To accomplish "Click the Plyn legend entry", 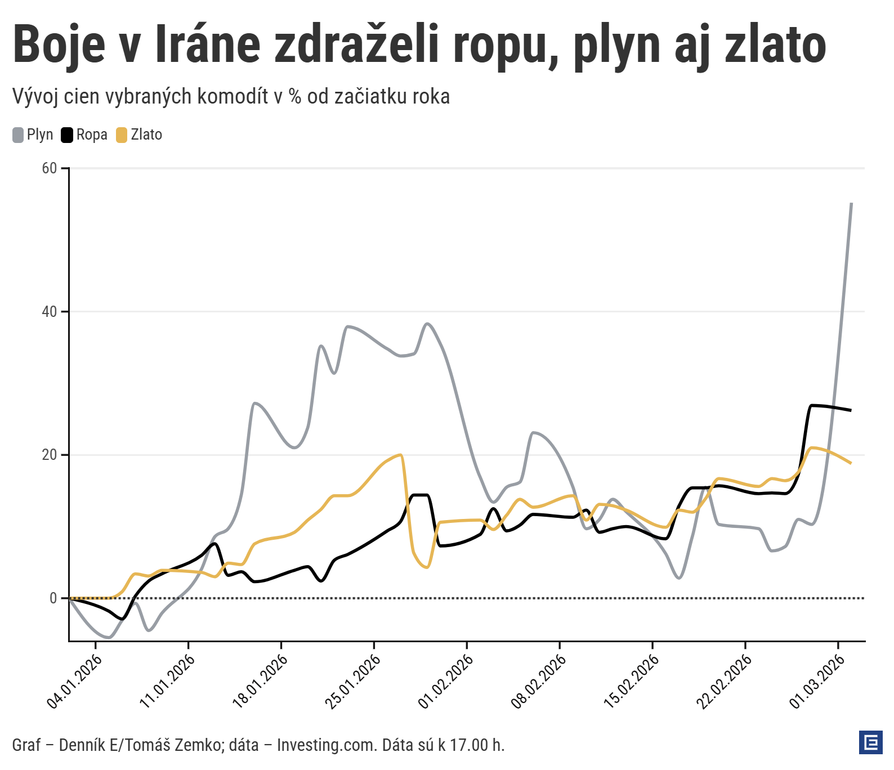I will point(33,135).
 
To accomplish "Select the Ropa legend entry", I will point(84,135).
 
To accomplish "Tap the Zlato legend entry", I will point(140,135).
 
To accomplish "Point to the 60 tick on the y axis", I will point(50,168).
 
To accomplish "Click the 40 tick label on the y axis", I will point(50,312).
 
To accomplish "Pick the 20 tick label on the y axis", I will point(50,455).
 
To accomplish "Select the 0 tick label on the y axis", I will point(53,598).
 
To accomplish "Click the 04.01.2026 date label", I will point(75,681).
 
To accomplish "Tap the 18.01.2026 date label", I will point(260,681).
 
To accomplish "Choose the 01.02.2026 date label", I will point(446,681).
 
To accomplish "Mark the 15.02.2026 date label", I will point(631,681).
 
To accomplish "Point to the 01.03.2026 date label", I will point(817,681).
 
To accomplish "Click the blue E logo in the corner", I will point(870,743).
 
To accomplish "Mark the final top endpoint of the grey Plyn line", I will point(851,204).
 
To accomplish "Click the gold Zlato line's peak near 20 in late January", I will point(400,455).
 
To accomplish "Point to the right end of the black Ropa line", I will point(850,410).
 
